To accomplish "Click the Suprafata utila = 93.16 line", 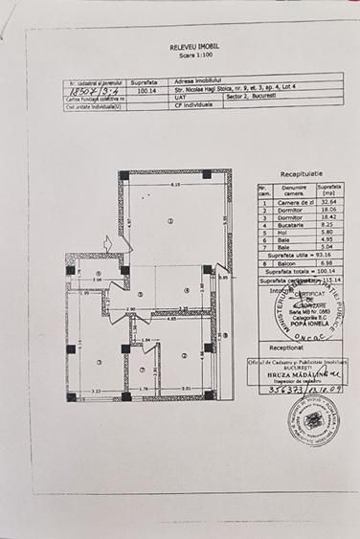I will pyautogui.click(x=304, y=257).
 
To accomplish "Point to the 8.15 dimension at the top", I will pyautogui.click(x=175, y=183).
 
